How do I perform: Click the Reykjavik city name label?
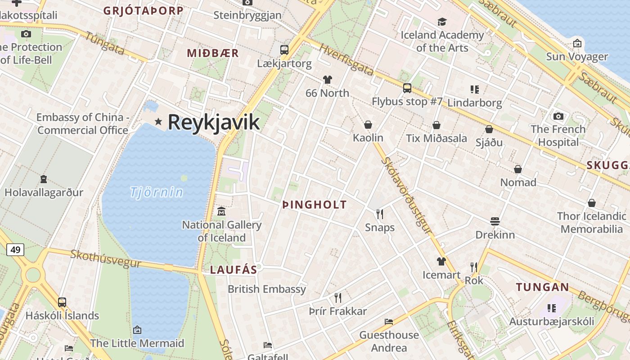[214, 122]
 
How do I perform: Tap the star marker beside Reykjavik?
[158, 121]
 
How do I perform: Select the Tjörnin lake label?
[157, 192]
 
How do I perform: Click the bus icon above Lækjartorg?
[284, 49]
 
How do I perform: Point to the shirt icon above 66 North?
[327, 80]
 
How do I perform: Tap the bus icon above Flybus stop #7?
[407, 88]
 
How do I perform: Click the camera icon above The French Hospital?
[558, 116]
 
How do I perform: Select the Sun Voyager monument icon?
[577, 43]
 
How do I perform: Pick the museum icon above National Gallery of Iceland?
[221, 211]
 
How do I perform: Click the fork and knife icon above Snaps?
[380, 214]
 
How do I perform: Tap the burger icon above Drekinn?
[495, 221]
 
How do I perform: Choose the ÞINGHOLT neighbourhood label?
[315, 205]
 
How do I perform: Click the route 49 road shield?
[15, 249]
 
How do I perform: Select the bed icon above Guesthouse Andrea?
[389, 321]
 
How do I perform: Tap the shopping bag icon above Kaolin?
[368, 125]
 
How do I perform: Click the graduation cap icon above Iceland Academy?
[442, 22]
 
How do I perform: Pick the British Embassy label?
[267, 289]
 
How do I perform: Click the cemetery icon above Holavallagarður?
[44, 179]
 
